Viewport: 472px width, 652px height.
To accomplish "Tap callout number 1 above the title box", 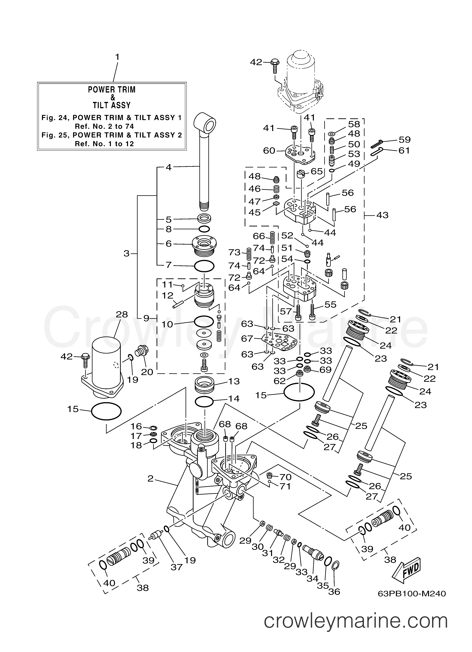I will click(117, 57).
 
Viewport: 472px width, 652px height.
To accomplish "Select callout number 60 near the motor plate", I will click(269, 151).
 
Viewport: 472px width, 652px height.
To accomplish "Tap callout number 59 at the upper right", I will click(404, 140).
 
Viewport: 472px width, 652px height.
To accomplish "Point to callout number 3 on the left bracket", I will click(126, 254).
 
